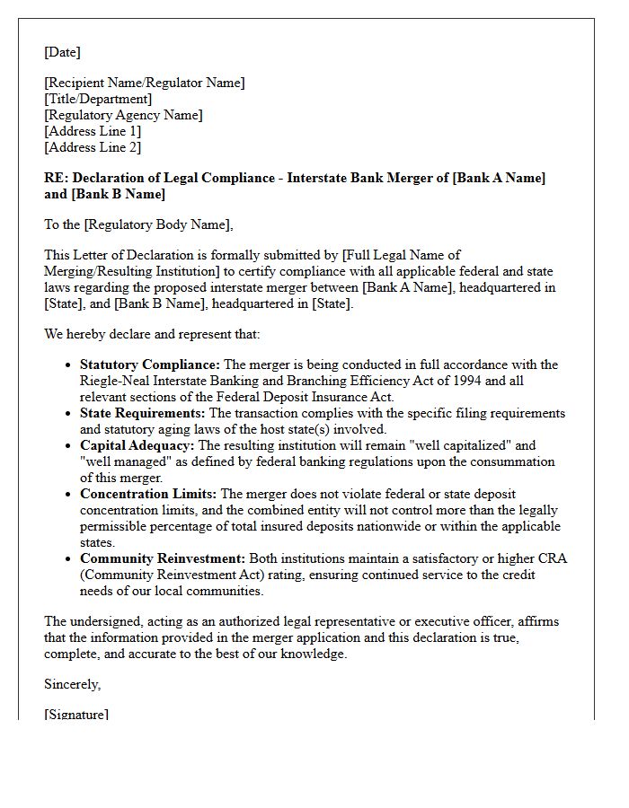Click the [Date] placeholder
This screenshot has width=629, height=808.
point(62,52)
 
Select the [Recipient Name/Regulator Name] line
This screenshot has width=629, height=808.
point(144,83)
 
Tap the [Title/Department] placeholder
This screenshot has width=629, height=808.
point(98,99)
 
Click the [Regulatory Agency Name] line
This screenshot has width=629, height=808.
point(123,115)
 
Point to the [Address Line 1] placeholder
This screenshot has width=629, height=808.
point(93,131)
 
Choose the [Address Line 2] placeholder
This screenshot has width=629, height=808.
point(93,147)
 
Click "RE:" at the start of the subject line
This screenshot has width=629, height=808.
point(56,178)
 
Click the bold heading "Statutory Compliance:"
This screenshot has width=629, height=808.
point(149,364)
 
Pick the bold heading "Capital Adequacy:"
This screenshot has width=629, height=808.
point(137,445)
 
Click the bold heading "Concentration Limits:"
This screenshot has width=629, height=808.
point(148,494)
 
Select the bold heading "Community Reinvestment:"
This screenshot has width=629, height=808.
point(162,558)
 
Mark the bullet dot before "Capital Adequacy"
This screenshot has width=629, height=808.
point(68,446)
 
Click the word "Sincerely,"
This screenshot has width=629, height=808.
point(73,684)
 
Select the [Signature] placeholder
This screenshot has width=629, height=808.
point(76,715)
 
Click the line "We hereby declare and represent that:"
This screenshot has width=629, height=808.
point(152,334)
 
